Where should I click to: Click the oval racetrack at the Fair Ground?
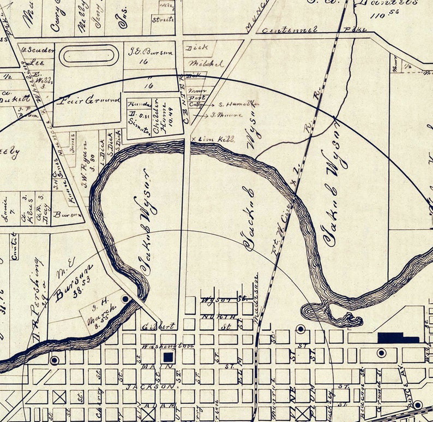tap(88, 55)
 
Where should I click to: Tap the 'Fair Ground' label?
tap(82, 100)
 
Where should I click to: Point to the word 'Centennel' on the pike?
tap(290, 30)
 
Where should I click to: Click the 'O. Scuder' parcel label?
tap(38, 50)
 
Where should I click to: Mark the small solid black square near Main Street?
tap(169, 356)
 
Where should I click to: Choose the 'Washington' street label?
tap(160, 346)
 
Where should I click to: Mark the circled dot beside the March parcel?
tap(125, 299)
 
